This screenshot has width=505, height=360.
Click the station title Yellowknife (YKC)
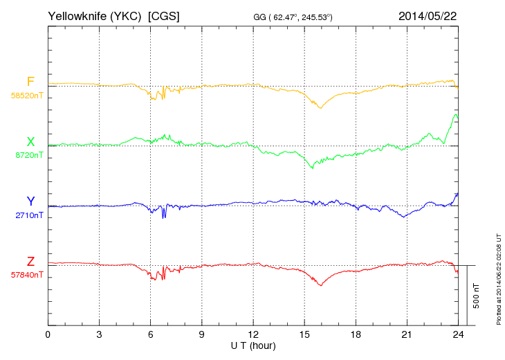click(95, 15)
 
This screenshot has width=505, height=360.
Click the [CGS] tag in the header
click(164, 15)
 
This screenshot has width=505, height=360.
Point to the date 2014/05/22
click(427, 15)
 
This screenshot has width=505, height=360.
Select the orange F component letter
click(30, 82)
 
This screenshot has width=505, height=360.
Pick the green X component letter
click(30, 142)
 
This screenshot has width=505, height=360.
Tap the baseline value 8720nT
click(29, 155)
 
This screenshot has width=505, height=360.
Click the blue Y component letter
click(30, 201)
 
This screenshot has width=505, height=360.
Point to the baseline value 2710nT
click(29, 215)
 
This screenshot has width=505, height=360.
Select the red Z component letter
click(30, 262)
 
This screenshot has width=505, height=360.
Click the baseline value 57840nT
click(27, 275)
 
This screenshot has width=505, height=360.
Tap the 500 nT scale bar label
click(477, 296)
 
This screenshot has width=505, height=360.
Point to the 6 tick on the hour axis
click(151, 334)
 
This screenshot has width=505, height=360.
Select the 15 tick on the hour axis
click(304, 334)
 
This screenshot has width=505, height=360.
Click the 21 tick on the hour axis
click(407, 334)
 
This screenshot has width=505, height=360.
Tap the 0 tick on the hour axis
click(48, 334)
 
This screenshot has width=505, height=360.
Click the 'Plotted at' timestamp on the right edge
click(498, 277)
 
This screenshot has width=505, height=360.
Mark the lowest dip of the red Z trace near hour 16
click(320, 286)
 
